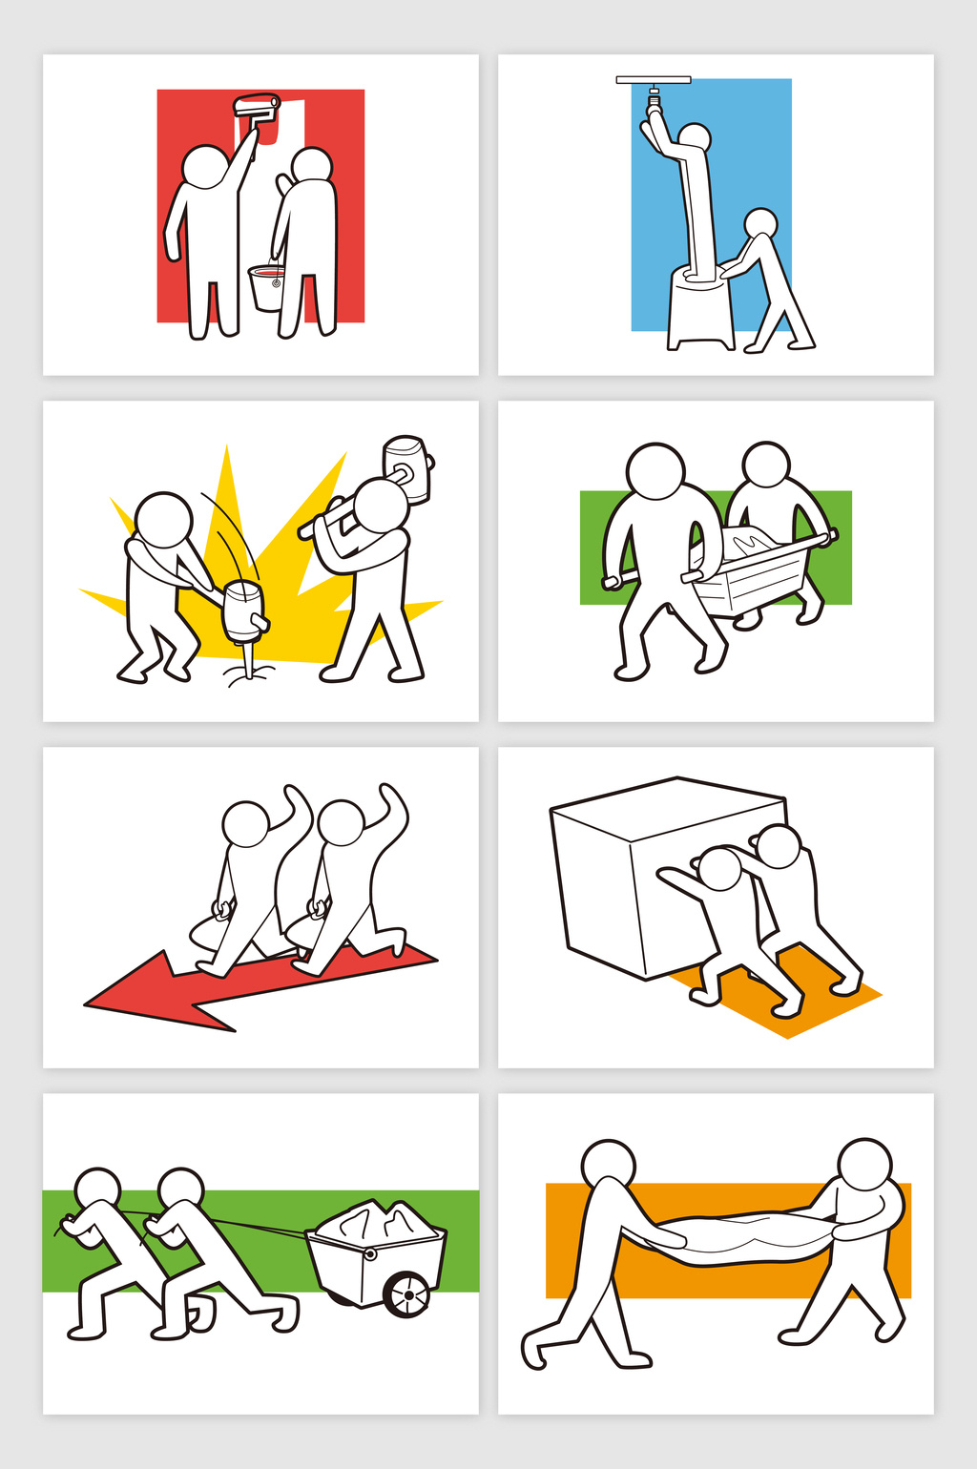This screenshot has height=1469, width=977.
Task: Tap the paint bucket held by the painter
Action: click(x=268, y=287)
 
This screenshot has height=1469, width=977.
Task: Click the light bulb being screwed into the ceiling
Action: click(x=654, y=98)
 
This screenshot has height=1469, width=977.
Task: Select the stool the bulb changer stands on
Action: click(x=699, y=311)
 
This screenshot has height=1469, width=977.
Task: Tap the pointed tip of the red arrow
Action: click(x=89, y=1003)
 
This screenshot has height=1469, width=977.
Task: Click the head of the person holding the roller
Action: click(x=204, y=167)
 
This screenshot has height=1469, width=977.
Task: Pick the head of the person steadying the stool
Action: click(x=760, y=223)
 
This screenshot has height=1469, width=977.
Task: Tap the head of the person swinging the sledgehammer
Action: click(x=381, y=505)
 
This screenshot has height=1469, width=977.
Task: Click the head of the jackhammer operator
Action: click(x=163, y=520)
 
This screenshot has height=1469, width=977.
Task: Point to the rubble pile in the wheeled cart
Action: click(x=378, y=1220)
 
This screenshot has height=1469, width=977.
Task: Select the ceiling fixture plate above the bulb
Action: click(x=654, y=80)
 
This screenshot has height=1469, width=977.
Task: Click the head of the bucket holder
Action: click(x=312, y=166)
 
